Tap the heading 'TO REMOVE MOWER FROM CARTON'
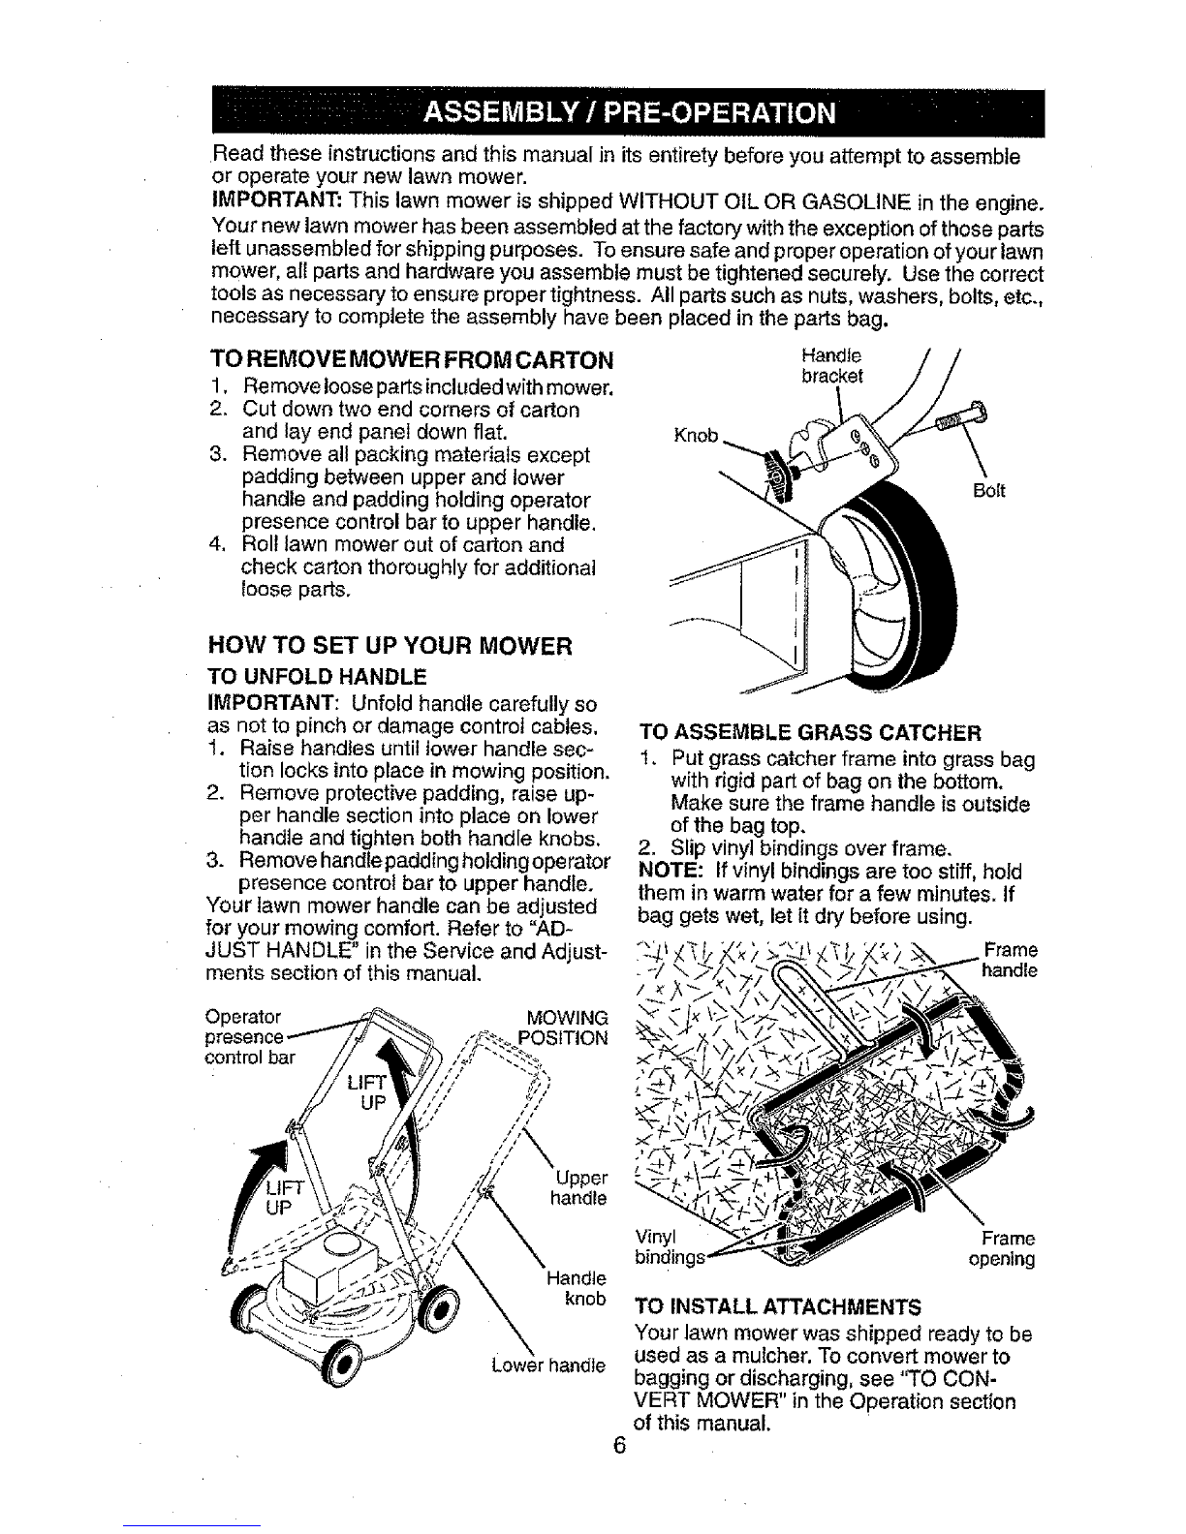(x=412, y=360)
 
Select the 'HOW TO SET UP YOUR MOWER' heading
(x=390, y=646)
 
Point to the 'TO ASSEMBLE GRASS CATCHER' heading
(x=810, y=732)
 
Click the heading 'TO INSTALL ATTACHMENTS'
(x=778, y=1307)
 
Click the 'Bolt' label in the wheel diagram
(x=989, y=491)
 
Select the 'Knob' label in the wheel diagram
(x=697, y=435)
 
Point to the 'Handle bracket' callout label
(x=832, y=365)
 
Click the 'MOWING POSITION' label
(x=564, y=1028)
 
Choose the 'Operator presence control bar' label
(x=249, y=1036)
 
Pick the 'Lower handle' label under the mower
(x=548, y=1365)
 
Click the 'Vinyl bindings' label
(x=669, y=1247)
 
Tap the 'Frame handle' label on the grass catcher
(x=1010, y=960)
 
